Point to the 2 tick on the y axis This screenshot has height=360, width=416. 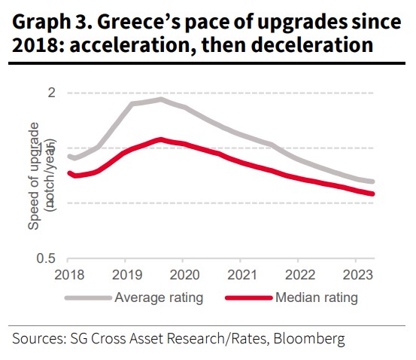coord(52,93)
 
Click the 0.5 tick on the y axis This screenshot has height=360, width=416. coord(47,258)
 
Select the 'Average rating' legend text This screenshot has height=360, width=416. coord(159,297)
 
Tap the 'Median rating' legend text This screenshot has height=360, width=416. coord(317,297)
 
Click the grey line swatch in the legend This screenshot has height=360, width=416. coord(89,297)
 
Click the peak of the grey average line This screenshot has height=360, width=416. coord(159,99)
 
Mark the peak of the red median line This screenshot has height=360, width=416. coord(159,139)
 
